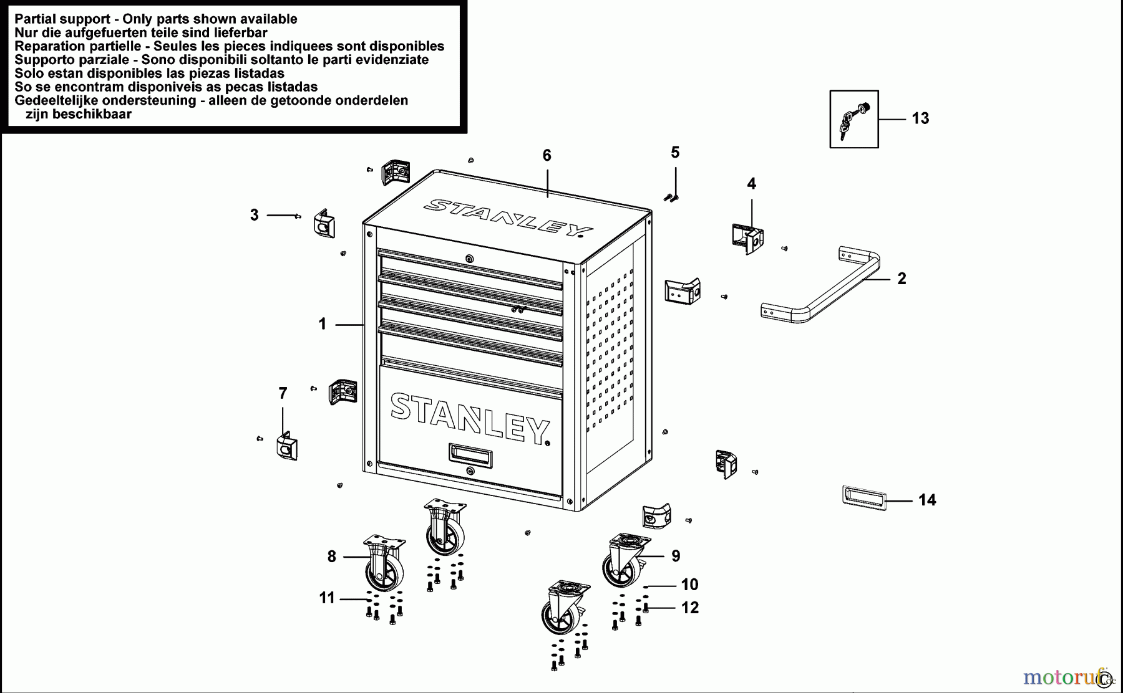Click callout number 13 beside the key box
(920, 118)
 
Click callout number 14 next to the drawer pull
(926, 500)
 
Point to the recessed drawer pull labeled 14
(863, 497)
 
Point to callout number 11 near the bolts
(326, 598)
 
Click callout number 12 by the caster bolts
(689, 608)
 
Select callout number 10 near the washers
(689, 585)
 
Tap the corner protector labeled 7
(286, 446)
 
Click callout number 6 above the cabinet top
(547, 156)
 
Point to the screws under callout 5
(671, 198)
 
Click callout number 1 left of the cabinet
(322, 324)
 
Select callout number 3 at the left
(254, 215)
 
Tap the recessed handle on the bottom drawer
(470, 455)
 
